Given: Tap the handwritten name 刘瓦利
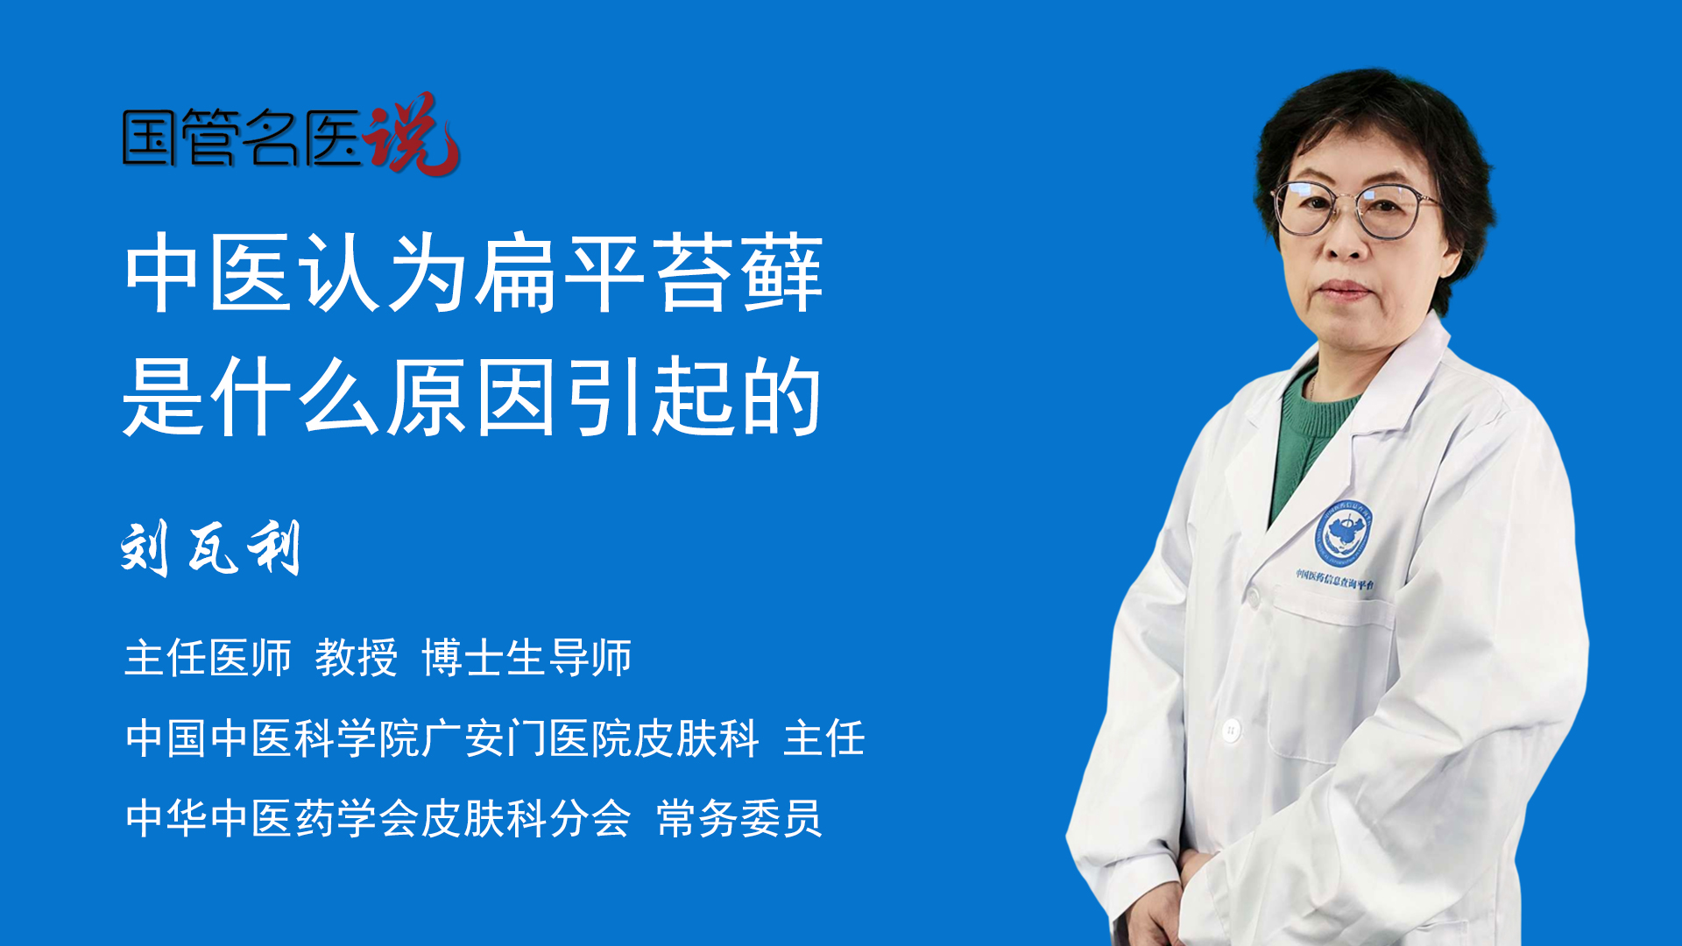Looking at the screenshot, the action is coord(210,548).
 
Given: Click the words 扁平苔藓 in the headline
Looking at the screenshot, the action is coord(649,273).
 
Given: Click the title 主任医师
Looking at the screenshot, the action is coord(208,658).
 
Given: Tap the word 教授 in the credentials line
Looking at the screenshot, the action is coord(357,658).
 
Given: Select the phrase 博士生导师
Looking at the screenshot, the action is coord(527,658).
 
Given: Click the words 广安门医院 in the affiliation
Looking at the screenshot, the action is coord(527,738).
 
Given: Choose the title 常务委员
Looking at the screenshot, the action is coord(739,819).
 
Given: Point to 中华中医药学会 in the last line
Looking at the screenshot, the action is coord(272,819).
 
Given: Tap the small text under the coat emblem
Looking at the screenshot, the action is coord(1335,579).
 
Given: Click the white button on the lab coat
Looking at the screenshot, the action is coord(1231,729).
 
